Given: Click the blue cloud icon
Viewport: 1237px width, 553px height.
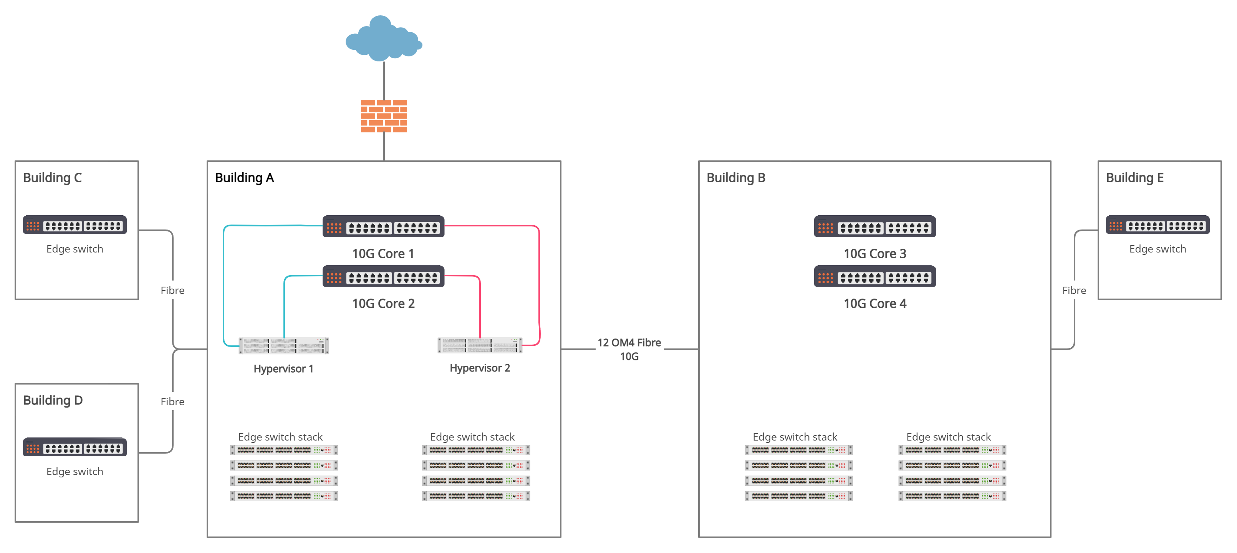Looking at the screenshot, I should [x=383, y=38].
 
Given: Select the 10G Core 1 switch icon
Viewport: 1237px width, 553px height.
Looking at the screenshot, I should [x=383, y=226].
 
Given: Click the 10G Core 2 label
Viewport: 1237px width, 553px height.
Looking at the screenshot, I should [x=383, y=304].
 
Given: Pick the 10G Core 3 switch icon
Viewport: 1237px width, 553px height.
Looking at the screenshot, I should [x=874, y=226].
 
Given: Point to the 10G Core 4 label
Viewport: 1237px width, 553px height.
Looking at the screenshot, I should [x=874, y=304].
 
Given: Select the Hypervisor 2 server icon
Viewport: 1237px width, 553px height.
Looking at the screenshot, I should [x=479, y=345].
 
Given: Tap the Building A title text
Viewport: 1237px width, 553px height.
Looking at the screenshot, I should [x=244, y=178].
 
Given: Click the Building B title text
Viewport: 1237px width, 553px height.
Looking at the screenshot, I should [x=736, y=178].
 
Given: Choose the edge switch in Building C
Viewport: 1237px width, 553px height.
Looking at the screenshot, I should [x=75, y=225].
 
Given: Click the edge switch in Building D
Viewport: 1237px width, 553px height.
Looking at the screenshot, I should [x=75, y=447].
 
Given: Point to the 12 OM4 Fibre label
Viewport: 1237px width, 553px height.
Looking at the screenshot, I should [x=629, y=343].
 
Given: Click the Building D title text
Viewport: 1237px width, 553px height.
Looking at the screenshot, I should [x=53, y=400].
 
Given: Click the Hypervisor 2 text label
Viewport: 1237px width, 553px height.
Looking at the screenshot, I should [x=479, y=368].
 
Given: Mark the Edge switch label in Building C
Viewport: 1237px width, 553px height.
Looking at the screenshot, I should [x=75, y=249].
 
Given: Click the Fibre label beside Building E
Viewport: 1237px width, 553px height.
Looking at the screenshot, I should [x=1074, y=291].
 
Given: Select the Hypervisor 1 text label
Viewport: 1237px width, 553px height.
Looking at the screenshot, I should [x=283, y=369].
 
